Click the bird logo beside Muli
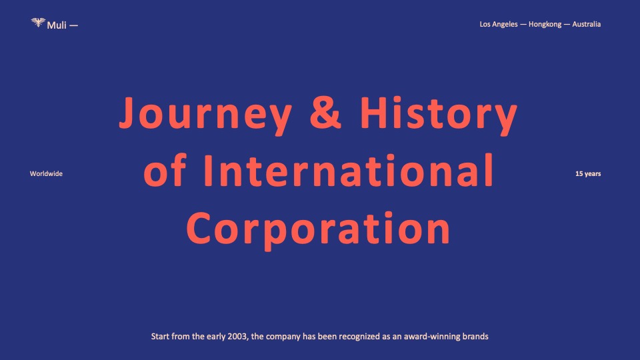click(38, 23)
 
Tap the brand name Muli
click(56, 25)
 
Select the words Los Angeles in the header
click(499, 25)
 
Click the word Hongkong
click(545, 25)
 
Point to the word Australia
click(586, 24)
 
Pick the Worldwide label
click(46, 173)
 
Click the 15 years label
click(588, 174)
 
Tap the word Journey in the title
click(206, 115)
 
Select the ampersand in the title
click(325, 112)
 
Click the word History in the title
click(439, 115)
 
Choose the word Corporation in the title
click(319, 229)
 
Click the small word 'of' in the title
click(165, 170)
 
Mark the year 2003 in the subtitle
click(238, 337)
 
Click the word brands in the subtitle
click(475, 336)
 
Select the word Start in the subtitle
click(160, 336)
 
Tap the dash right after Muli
click(73, 26)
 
